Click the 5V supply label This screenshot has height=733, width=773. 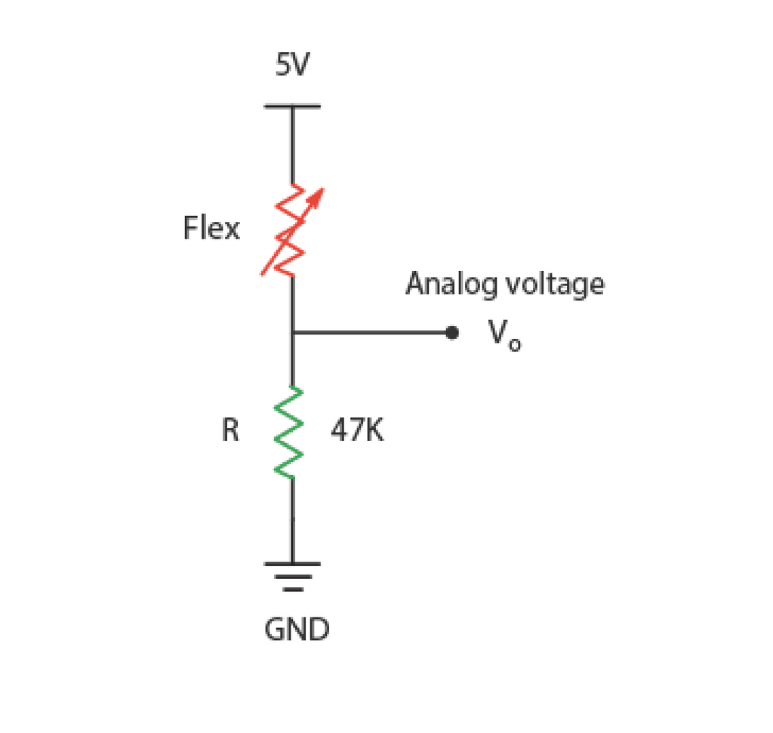[291, 67]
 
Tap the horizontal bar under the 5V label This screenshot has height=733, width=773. [291, 106]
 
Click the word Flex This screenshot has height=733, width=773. [211, 228]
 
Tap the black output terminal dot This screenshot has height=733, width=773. [451, 332]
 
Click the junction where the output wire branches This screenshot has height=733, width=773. [292, 332]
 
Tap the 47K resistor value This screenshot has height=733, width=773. [357, 431]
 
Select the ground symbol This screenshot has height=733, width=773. [292, 576]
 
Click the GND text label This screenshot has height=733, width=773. [297, 630]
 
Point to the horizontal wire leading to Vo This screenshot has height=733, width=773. [370, 332]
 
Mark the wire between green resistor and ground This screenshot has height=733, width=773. [292, 521]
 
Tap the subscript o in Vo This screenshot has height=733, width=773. [514, 346]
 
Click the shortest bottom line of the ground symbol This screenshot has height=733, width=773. [292, 588]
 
